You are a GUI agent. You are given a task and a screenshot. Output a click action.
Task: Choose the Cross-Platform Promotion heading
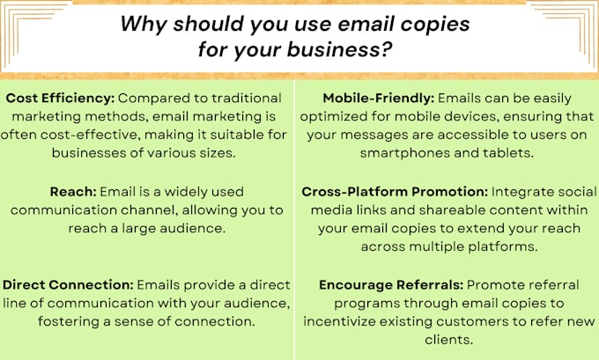(x=395, y=191)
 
